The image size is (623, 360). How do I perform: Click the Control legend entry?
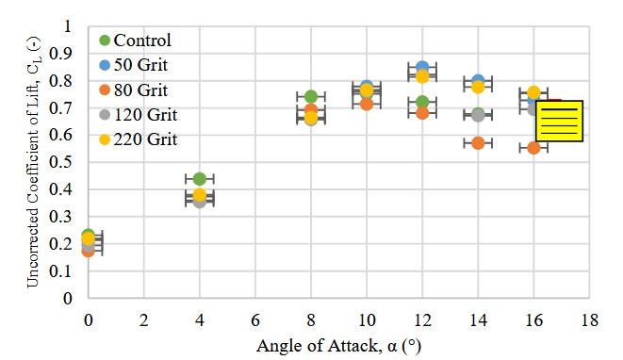pos(137,41)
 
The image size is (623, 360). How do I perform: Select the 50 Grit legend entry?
pos(137,66)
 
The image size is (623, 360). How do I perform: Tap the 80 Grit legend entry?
pos(137,90)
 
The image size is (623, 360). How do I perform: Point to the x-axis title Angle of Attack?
pos(338,346)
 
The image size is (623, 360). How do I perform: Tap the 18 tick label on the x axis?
pos(589,319)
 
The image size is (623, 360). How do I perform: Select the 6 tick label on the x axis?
pos(254,319)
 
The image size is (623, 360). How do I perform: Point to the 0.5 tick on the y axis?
pos(68,162)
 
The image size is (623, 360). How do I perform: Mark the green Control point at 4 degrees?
pos(199,179)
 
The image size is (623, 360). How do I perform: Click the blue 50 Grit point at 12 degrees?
pos(422,69)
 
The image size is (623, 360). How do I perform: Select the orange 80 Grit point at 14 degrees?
pos(478,143)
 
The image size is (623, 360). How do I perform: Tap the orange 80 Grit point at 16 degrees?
pos(533,148)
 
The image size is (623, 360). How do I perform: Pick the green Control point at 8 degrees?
pos(311,97)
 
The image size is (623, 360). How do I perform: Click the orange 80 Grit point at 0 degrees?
pos(88,251)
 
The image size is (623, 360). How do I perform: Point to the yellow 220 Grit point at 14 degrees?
pos(478,87)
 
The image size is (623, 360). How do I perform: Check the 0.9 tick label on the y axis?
pos(68,54)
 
